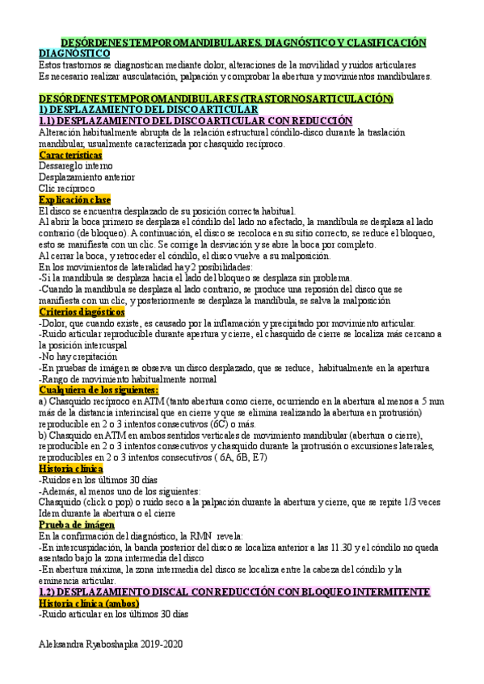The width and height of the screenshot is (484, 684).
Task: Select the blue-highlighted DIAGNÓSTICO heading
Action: click(x=75, y=52)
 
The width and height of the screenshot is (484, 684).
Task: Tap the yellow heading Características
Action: click(x=70, y=154)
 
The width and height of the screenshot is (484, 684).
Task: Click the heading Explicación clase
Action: click(x=74, y=199)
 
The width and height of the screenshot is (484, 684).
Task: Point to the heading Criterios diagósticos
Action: click(x=82, y=311)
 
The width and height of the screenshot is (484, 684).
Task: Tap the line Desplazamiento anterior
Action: click(x=86, y=177)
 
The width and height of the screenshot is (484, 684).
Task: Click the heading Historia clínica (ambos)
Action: click(x=89, y=603)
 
